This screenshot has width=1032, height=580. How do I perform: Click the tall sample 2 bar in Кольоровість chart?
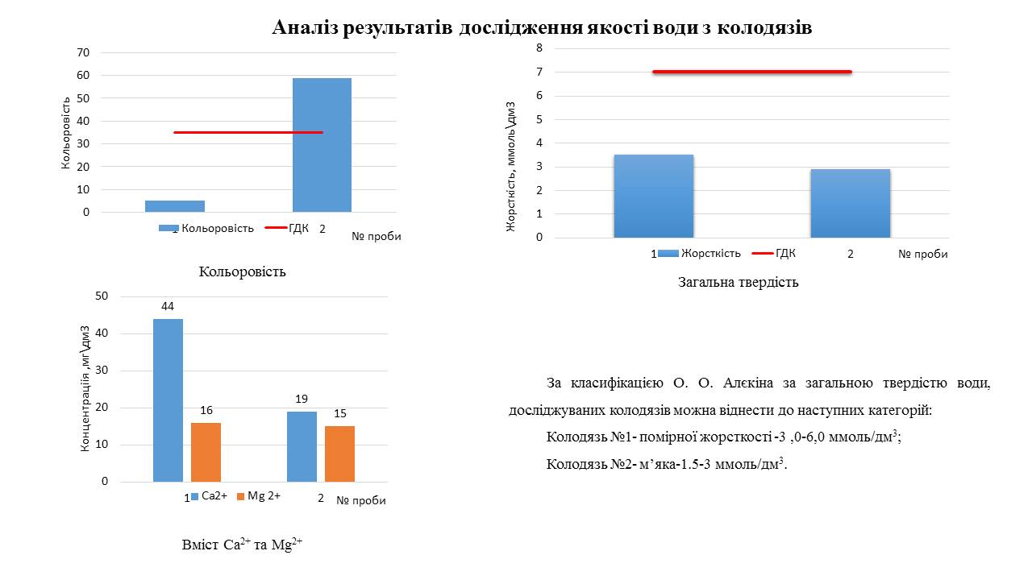322,145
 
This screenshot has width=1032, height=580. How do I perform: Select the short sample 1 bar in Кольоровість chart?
175,206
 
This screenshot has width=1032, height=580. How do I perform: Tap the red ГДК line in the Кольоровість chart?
248,132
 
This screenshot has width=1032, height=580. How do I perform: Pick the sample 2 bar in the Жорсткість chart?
850,203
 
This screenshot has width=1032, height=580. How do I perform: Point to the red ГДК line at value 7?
751,72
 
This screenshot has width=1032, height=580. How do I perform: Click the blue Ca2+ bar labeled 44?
168,400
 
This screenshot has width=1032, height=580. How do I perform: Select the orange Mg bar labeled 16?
206,452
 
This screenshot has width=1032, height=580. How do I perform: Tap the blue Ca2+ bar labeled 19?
302,446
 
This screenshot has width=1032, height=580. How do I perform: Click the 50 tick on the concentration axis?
102,296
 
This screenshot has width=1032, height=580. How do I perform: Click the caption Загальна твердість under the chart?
738,283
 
